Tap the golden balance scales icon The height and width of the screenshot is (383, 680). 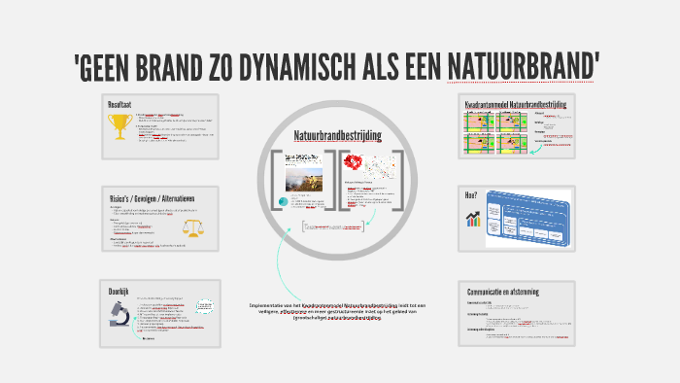pyautogui.click(x=193, y=227)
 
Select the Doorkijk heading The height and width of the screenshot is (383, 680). pyautogui.click(x=121, y=291)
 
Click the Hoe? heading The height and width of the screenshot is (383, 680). pyautogui.click(x=471, y=196)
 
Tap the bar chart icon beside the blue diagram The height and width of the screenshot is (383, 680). pyautogui.click(x=473, y=220)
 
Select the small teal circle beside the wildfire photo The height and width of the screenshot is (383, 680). pyautogui.click(x=283, y=203)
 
